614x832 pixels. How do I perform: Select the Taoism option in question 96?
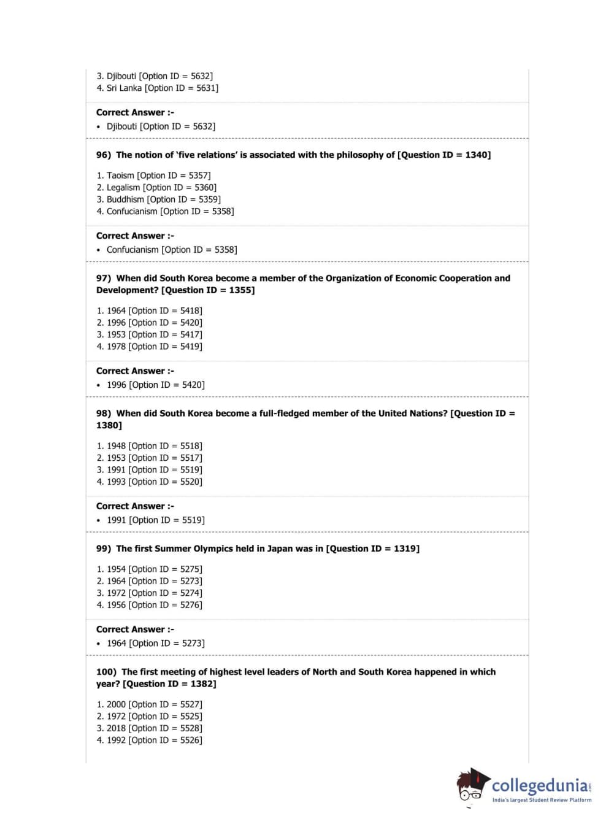(153, 175)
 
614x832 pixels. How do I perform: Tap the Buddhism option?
(158, 199)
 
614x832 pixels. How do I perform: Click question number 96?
(104, 155)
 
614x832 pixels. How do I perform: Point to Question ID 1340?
(444, 155)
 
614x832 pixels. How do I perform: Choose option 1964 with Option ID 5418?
(149, 311)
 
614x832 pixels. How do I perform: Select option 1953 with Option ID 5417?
(149, 335)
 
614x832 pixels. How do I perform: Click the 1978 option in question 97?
(149, 347)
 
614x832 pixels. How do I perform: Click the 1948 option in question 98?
(149, 446)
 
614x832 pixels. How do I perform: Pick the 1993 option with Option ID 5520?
(149, 482)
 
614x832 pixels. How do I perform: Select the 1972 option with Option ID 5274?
(149, 593)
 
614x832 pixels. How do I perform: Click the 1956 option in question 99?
(149, 605)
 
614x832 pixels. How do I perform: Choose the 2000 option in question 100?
(149, 704)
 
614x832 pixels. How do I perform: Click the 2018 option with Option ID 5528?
(149, 728)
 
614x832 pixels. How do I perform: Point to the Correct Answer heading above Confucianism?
(135, 236)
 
